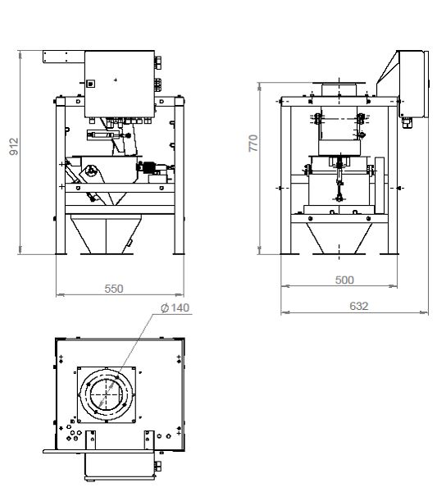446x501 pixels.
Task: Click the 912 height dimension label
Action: [14, 147]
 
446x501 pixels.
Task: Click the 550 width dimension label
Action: [114, 289]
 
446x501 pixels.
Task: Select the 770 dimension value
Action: [253, 143]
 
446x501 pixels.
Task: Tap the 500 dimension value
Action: [344, 280]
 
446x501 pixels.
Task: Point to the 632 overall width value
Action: [359, 306]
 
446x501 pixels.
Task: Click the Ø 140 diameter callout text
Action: [175, 307]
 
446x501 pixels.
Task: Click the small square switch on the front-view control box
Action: [91, 84]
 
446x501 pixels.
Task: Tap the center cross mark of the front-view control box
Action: [116, 80]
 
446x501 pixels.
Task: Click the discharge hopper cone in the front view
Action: [106, 235]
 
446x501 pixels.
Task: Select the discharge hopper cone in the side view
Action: [339, 238]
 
